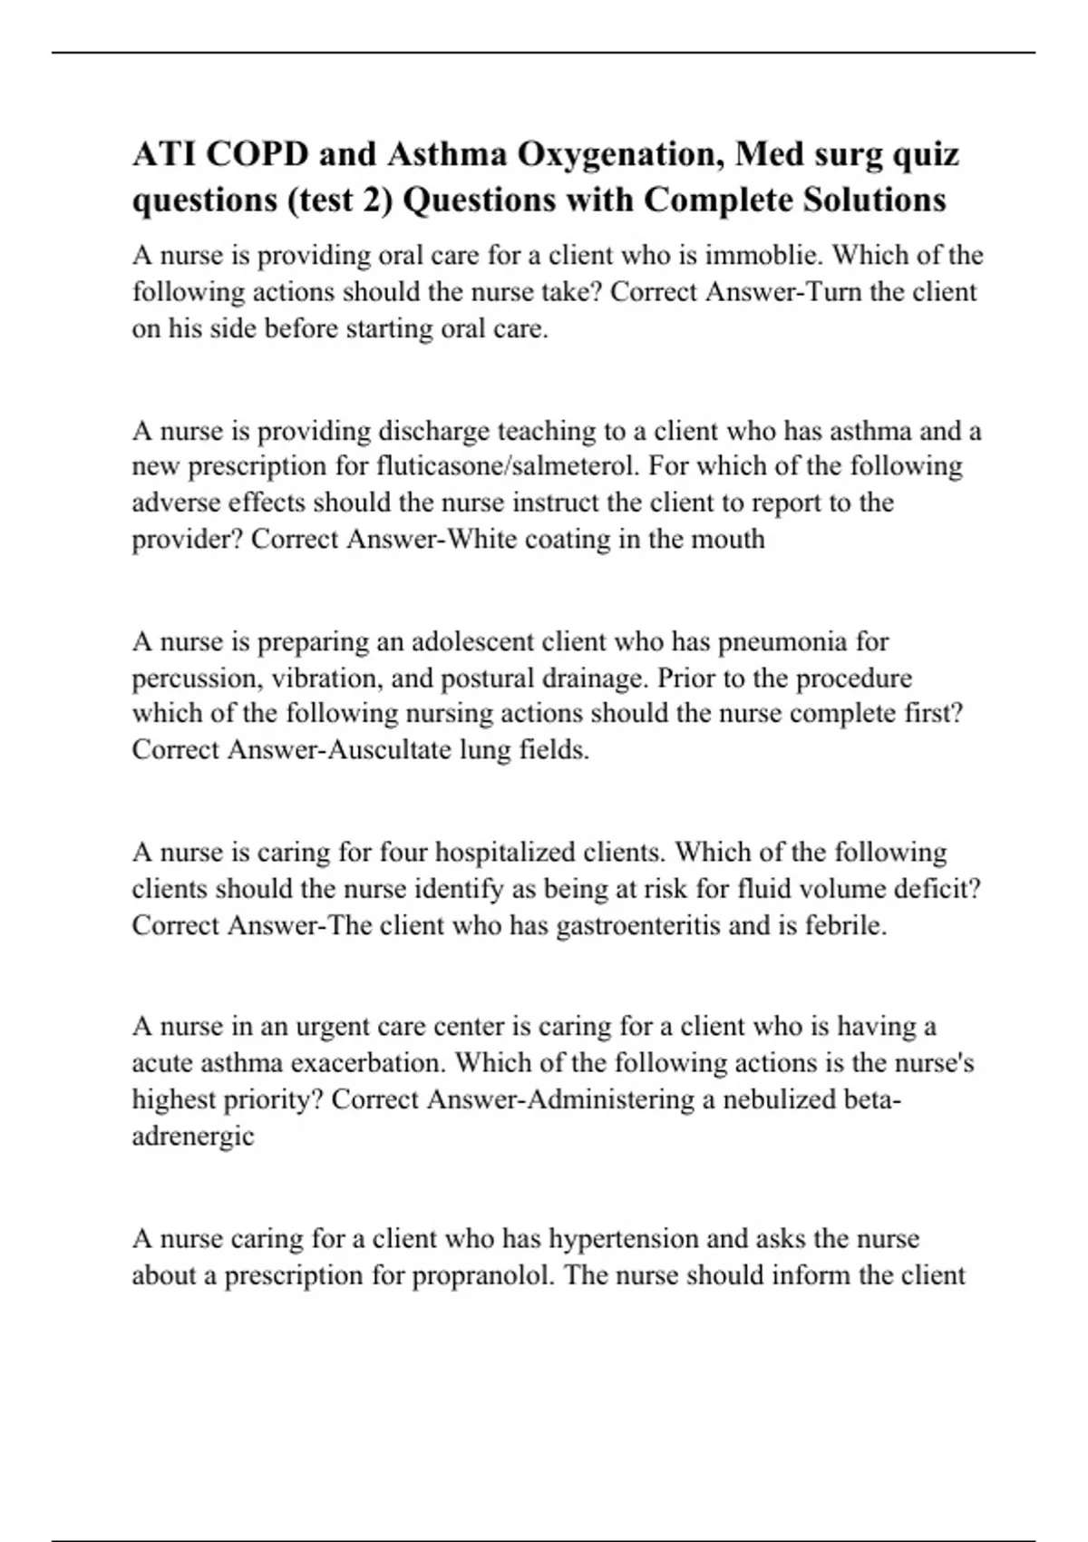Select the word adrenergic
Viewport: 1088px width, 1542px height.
pos(193,1136)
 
